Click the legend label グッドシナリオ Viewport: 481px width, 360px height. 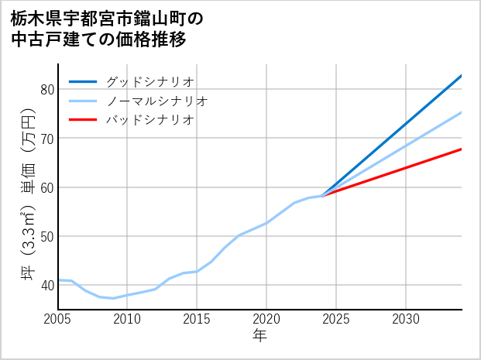149,81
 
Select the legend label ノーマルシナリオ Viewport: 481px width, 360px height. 156,101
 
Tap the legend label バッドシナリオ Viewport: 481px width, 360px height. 149,120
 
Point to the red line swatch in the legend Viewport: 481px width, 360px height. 83,120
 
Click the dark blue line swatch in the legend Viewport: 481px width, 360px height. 83,81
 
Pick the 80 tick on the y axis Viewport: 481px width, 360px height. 46,89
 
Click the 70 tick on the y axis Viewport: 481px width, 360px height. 46,138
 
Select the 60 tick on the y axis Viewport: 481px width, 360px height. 46,187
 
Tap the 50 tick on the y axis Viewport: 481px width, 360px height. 46,236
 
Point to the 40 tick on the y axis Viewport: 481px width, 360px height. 46,285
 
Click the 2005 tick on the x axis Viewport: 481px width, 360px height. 57,319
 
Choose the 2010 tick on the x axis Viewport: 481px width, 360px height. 127,319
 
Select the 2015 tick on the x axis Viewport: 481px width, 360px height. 197,319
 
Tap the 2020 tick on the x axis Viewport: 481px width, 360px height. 266,319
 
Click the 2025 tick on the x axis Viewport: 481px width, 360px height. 336,319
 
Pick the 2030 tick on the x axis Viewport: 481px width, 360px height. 406,319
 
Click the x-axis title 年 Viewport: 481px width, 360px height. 259,336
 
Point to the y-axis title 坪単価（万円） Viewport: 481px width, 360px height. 28,194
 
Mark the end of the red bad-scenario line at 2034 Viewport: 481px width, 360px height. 462,149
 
